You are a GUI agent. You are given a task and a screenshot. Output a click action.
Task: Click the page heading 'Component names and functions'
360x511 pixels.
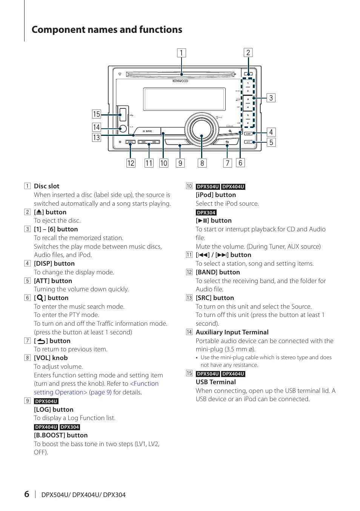point(107,30)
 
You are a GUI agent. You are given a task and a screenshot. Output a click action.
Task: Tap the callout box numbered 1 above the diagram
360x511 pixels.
point(182,53)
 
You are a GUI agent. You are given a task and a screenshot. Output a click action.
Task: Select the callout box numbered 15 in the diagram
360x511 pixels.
point(97,114)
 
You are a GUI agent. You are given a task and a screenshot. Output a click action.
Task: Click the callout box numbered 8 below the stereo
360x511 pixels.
point(202,163)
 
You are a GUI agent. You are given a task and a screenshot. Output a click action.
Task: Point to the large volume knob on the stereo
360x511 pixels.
point(201,129)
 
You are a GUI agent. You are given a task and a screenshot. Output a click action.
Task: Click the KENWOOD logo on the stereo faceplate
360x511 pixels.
point(180,81)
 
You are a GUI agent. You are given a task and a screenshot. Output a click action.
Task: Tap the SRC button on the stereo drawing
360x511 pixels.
point(148,131)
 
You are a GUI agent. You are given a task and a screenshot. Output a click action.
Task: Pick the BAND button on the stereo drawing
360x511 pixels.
point(130,142)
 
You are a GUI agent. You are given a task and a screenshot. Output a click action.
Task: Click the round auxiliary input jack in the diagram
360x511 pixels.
point(122,128)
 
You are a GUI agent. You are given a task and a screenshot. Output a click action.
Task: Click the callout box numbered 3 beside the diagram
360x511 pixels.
point(271,98)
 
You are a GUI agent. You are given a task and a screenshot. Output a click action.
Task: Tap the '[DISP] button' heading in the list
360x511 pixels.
point(54,263)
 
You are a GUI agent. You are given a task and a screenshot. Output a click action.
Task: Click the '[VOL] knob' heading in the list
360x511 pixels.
point(51,358)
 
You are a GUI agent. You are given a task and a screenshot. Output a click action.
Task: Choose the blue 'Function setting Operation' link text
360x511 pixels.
point(144,384)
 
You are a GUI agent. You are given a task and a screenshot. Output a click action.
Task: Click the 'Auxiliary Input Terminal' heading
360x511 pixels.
point(232,332)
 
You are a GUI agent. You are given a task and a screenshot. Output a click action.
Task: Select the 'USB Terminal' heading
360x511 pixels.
point(215,382)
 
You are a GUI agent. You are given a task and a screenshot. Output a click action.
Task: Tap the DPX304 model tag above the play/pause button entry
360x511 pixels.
point(206,212)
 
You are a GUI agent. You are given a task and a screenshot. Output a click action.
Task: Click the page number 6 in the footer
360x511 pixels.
point(26,494)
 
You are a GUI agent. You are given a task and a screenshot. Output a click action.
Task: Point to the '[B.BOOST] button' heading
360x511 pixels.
point(61,435)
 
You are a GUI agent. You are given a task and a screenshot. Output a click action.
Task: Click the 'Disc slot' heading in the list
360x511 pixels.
point(46,186)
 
